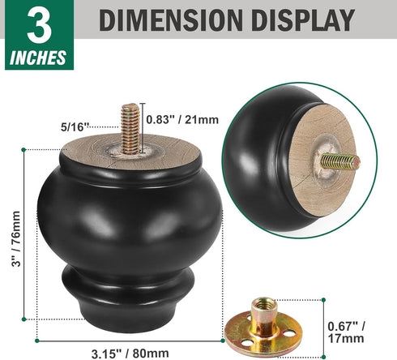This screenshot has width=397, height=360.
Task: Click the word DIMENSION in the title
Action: point(171,20)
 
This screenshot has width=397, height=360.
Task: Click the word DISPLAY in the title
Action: point(303,20)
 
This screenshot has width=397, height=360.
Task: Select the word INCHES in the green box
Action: point(38,58)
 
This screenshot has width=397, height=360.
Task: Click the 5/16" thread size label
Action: point(75,127)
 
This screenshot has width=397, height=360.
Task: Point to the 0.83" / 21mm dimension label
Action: point(182,119)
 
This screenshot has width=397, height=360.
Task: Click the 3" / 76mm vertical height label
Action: point(16,239)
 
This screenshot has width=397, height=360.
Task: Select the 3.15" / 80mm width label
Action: point(130,354)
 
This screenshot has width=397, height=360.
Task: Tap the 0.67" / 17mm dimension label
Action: point(346,332)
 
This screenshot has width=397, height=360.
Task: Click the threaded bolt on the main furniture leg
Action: point(130,129)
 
